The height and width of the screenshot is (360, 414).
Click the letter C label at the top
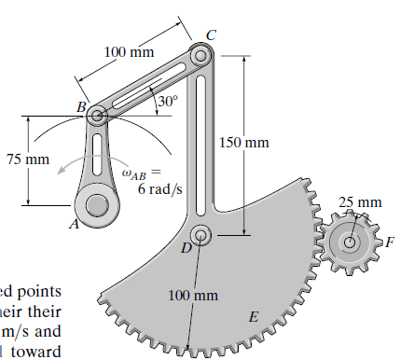[211, 35]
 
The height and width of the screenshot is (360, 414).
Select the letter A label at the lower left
[67, 224]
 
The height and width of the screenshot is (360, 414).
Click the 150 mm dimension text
[243, 143]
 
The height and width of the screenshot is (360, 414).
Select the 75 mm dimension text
[27, 159]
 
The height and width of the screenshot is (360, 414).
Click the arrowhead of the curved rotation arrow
[58, 171]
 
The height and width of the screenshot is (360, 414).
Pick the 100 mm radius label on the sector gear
[194, 296]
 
